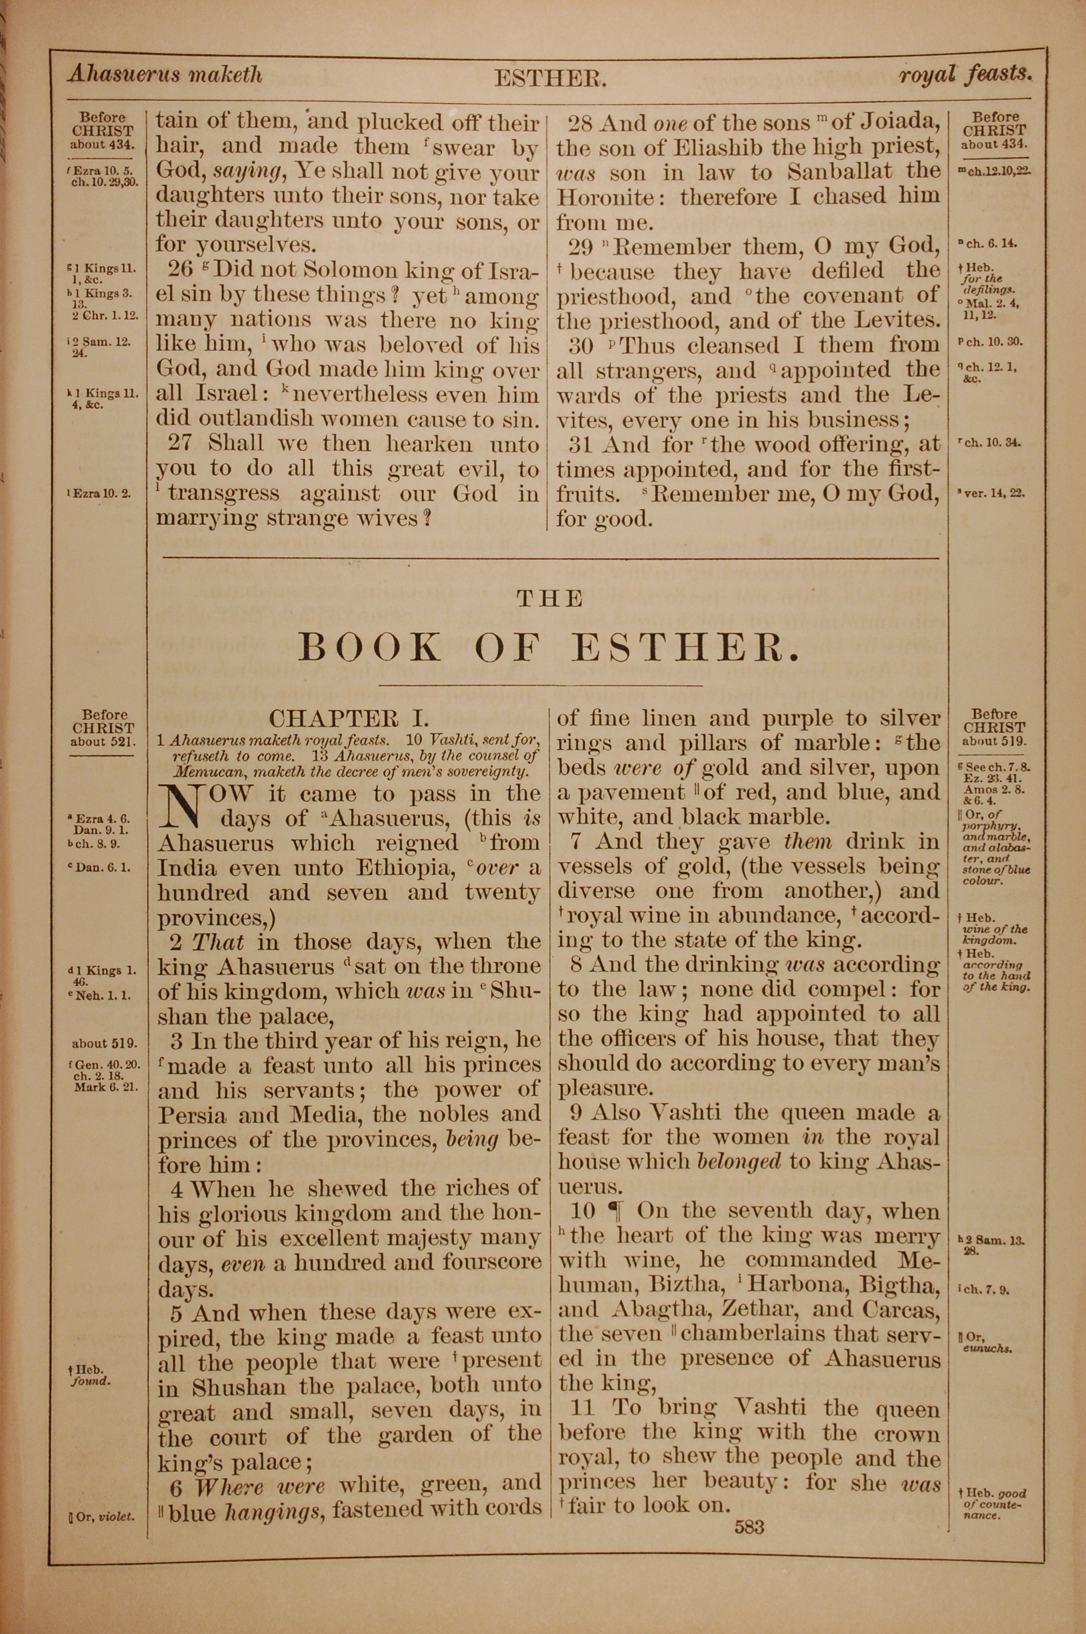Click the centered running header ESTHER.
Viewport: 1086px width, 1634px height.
(x=550, y=80)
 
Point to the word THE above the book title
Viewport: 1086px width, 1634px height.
(x=550, y=599)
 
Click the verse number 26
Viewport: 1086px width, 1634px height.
(x=181, y=269)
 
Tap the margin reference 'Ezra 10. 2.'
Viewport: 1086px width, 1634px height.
(x=101, y=494)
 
